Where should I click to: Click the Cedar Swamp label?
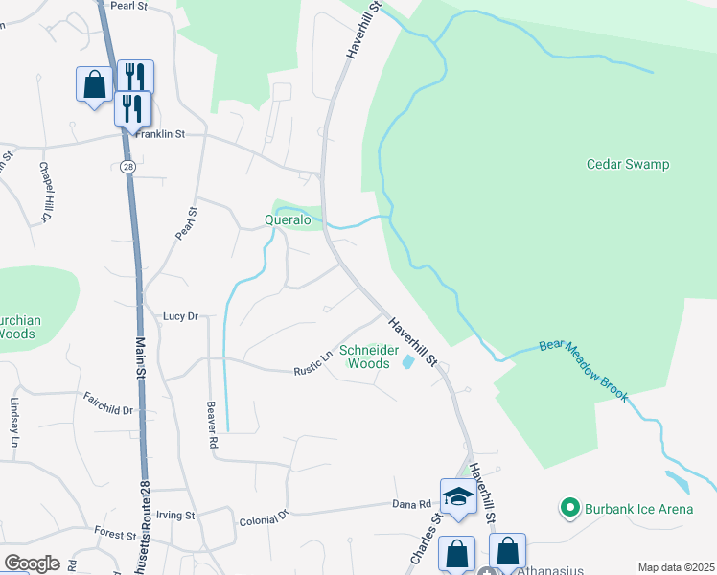click(628, 164)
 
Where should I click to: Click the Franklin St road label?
click(159, 135)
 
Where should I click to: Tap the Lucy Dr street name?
click(180, 315)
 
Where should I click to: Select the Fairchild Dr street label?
click(108, 403)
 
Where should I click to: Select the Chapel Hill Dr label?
click(44, 193)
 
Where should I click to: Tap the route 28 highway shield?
click(128, 167)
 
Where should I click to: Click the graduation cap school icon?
click(458, 497)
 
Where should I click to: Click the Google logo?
click(32, 563)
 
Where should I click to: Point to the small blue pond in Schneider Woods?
click(408, 362)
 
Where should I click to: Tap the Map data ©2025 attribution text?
click(676, 567)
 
